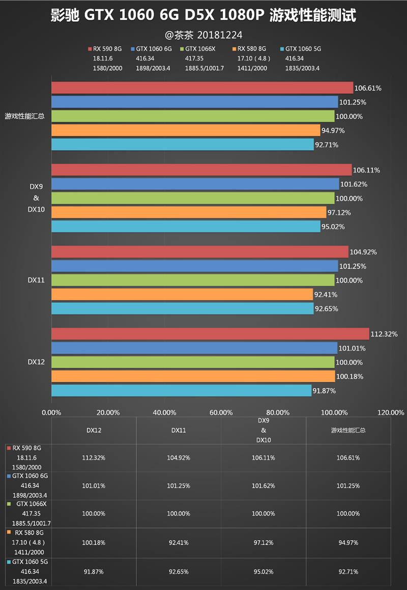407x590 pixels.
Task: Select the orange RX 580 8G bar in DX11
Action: pos(182,294)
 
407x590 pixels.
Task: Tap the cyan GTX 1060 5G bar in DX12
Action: pos(181,390)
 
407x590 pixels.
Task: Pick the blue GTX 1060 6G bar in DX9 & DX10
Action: pos(195,184)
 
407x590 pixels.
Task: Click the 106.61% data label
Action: pos(368,88)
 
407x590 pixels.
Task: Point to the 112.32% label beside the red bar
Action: pos(384,334)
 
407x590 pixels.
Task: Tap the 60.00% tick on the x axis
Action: pos(221,412)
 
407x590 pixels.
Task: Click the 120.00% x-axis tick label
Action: pos(391,412)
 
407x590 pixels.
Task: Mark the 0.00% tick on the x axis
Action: pos(51,412)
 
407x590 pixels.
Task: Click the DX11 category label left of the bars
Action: pos(36,280)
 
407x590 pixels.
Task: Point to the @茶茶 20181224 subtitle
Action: pos(203,35)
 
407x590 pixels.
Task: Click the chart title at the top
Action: pos(203,16)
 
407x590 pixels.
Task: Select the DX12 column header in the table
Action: pos(94,430)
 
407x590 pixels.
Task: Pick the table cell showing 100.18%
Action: pos(94,543)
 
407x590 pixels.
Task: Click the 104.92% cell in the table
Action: pos(179,458)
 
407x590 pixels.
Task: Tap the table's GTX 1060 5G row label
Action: pos(31,562)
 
